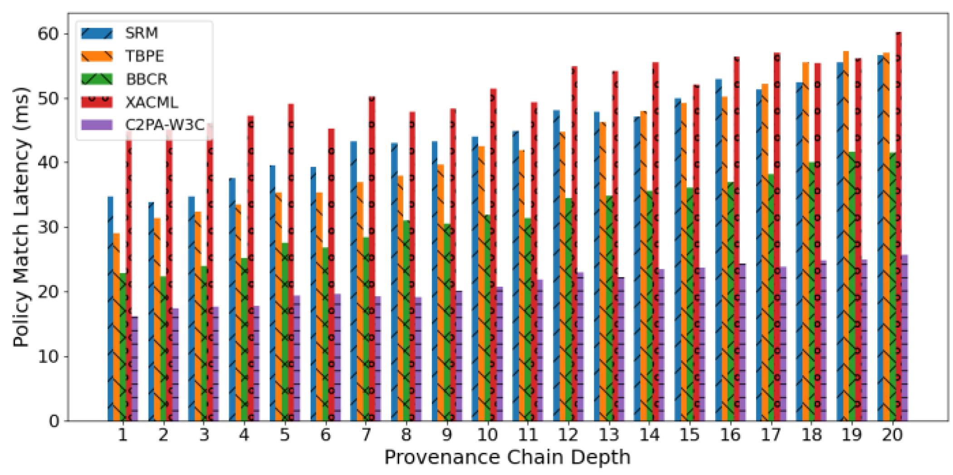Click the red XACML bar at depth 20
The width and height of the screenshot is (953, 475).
pos(899,227)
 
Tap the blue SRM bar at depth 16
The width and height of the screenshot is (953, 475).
pos(718,250)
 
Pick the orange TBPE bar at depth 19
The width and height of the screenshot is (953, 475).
pos(846,236)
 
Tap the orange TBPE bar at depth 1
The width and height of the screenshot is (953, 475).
pos(117,327)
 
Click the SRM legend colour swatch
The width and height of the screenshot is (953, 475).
pos(97,33)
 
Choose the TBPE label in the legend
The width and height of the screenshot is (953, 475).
pos(144,56)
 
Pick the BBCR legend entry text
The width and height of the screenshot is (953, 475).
pos(147,79)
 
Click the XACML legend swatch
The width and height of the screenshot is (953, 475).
pos(97,102)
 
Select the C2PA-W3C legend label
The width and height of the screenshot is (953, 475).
pos(165,125)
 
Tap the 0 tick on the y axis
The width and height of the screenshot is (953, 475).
pos(54,421)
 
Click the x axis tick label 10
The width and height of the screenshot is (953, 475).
pos(487,435)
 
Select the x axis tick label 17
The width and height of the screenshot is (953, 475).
pos(771,435)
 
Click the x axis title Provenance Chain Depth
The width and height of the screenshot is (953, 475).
pos(507,457)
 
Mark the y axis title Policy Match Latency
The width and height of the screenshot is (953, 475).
pos(20,217)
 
